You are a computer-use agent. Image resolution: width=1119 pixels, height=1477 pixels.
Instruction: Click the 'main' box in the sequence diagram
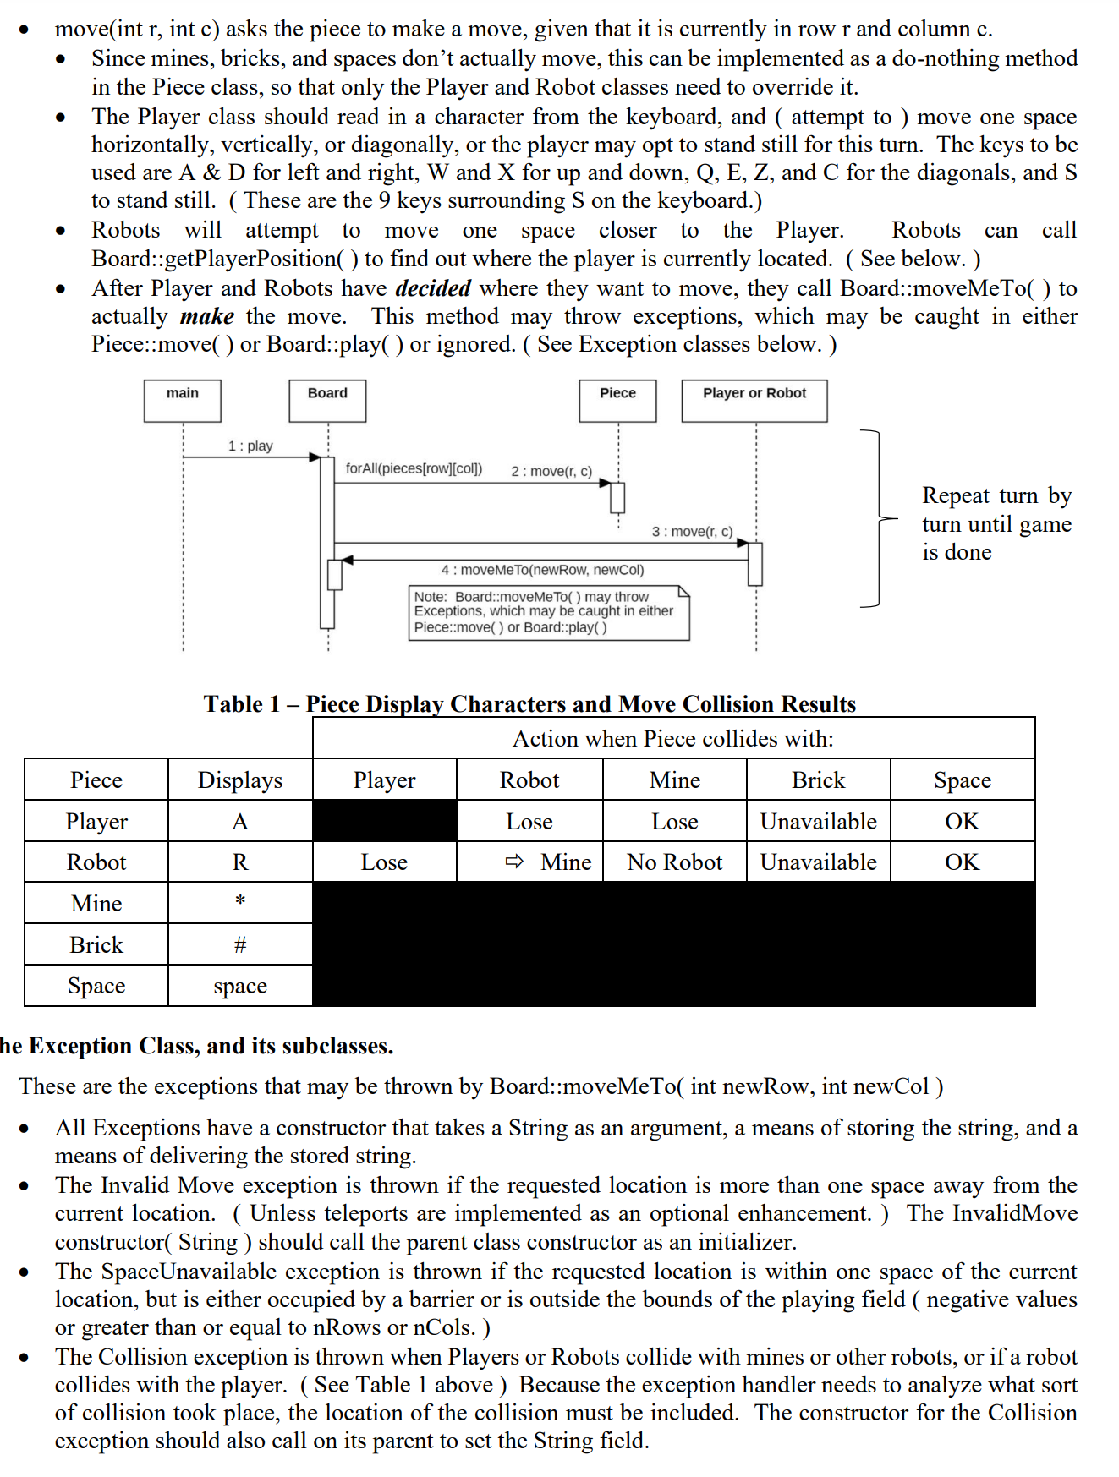[x=182, y=400]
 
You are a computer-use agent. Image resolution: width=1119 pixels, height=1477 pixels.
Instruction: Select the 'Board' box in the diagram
[x=327, y=400]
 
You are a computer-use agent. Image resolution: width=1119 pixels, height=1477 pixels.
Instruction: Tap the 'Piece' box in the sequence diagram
[x=617, y=400]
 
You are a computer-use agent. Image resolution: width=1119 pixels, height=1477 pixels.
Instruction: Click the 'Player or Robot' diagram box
[x=754, y=400]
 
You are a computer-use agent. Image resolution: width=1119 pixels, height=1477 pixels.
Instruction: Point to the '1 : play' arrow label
[x=250, y=446]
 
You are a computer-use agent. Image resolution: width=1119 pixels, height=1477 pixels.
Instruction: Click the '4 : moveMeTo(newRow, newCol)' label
[x=542, y=570]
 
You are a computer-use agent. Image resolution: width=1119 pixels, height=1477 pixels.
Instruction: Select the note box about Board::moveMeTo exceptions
[x=548, y=612]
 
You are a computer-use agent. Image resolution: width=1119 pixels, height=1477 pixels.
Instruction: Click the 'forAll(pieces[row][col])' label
[x=414, y=468]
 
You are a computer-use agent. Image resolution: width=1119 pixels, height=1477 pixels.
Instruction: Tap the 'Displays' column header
[x=240, y=780]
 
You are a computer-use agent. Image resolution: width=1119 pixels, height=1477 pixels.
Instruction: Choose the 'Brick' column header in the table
[x=818, y=780]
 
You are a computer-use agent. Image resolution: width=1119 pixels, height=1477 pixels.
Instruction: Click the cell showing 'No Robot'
[x=674, y=862]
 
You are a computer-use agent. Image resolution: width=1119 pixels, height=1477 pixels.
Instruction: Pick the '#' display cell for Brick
[x=240, y=944]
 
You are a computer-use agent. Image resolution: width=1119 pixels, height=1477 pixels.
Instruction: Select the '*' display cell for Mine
[x=240, y=902]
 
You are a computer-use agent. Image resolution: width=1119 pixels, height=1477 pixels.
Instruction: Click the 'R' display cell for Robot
[x=240, y=862]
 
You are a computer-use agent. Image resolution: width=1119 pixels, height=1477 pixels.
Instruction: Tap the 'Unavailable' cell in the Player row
[x=818, y=821]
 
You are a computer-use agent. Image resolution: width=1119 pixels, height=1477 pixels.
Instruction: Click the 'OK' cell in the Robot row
[x=962, y=862]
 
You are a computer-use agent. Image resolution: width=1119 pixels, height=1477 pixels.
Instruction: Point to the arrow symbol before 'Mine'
[x=514, y=862]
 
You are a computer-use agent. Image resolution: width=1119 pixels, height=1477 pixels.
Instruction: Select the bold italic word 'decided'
[x=433, y=288]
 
